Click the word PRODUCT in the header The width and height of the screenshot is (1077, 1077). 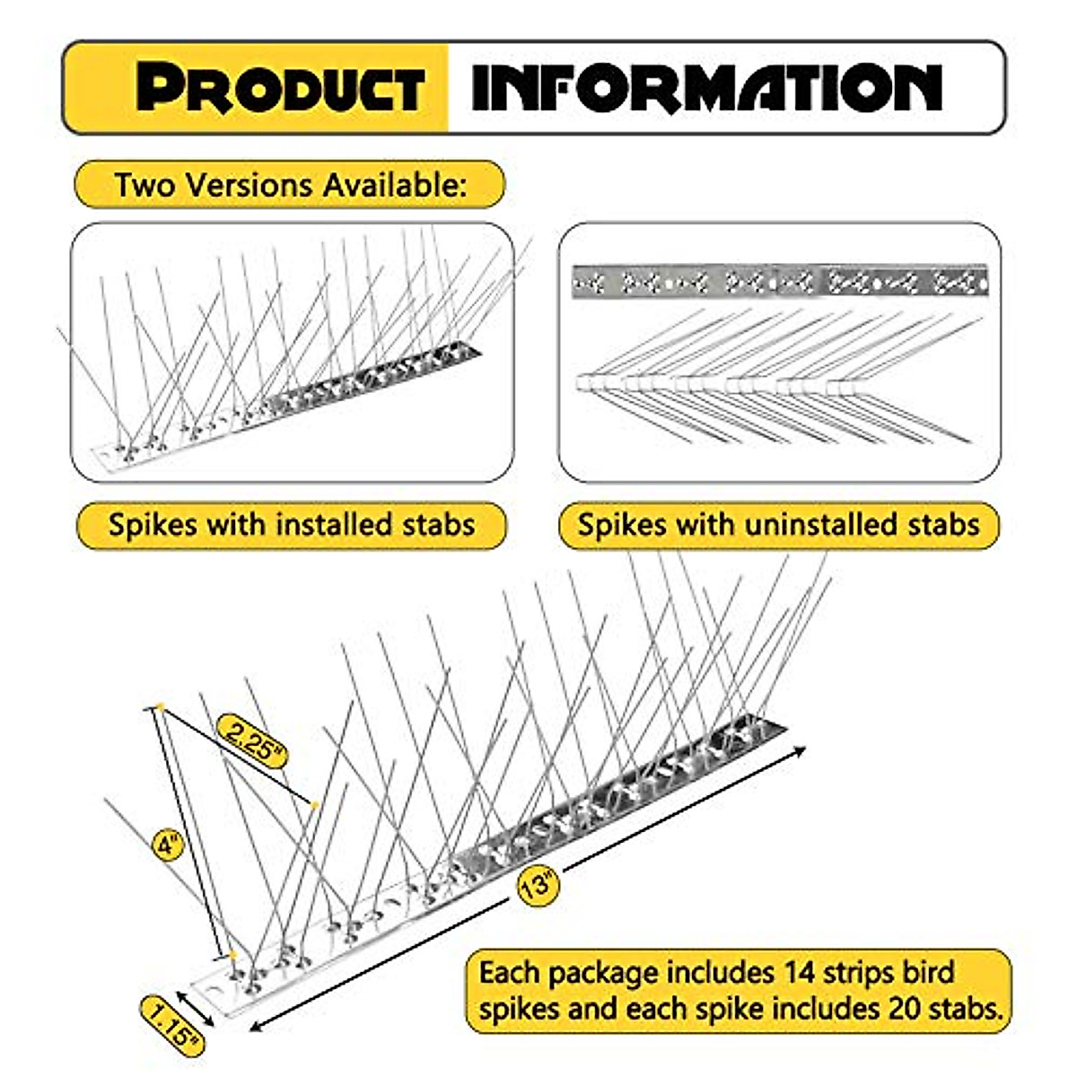pyautogui.click(x=280, y=88)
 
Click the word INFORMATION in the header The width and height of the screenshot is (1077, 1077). pyautogui.click(x=706, y=88)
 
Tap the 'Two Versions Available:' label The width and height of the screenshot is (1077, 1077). pyautogui.click(x=290, y=185)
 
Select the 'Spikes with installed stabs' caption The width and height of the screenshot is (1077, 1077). pyautogui.click(x=292, y=524)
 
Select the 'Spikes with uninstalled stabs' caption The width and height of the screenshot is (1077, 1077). pyautogui.click(x=778, y=524)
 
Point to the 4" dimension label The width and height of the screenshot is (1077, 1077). pyautogui.click(x=168, y=845)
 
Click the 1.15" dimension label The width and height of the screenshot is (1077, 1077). pyautogui.click(x=171, y=1025)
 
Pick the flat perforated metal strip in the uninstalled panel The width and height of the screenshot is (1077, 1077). pyautogui.click(x=779, y=282)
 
